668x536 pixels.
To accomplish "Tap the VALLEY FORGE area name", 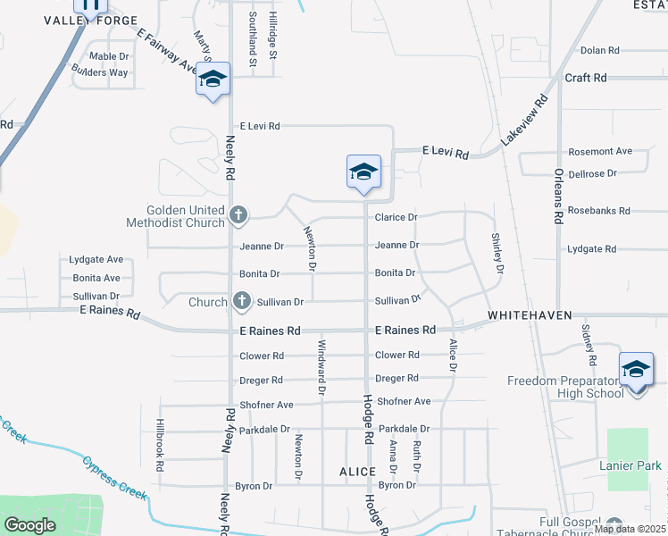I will point(91,21).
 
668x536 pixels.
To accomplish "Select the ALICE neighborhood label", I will point(356,470).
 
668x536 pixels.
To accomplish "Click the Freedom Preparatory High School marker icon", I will point(636,369).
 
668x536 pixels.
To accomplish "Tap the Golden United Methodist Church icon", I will point(238,214).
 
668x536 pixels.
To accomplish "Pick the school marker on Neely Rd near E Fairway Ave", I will point(213,80).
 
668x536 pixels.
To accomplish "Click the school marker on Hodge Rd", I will point(363,172).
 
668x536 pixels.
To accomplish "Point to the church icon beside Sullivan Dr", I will point(240,302).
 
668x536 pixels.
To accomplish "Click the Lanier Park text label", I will point(630,465).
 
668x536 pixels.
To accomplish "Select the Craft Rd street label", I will point(586,78).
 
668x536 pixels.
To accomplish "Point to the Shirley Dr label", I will point(498,253).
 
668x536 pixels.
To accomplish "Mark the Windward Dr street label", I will point(321,366).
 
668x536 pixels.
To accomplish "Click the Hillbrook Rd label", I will point(160,441).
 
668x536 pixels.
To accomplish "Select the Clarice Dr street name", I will point(397,217).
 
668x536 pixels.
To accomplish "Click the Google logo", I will point(29,525).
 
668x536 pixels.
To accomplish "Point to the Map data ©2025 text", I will point(630,529).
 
